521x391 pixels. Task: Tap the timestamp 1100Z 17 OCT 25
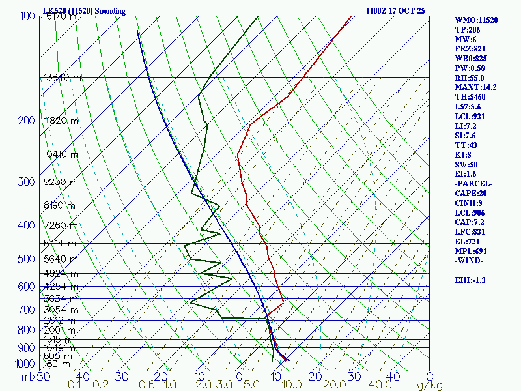(395, 11)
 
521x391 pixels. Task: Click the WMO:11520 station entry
(476, 20)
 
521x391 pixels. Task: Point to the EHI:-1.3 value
(470, 280)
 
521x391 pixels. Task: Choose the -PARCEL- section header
(473, 184)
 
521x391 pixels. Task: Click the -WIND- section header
(470, 261)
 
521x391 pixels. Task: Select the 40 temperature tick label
(393, 376)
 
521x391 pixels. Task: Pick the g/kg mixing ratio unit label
(430, 385)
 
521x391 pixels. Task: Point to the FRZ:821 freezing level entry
(472, 49)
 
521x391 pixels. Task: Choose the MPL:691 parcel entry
(472, 251)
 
